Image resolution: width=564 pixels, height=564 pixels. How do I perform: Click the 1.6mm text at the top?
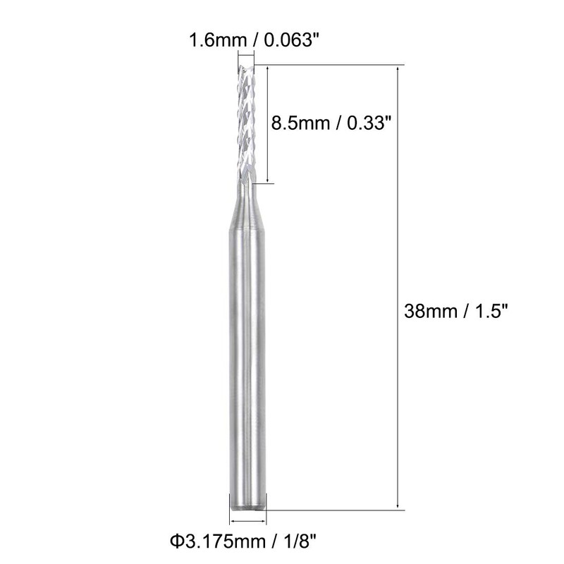click(x=212, y=40)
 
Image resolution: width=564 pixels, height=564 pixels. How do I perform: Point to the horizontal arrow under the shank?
click(x=248, y=522)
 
